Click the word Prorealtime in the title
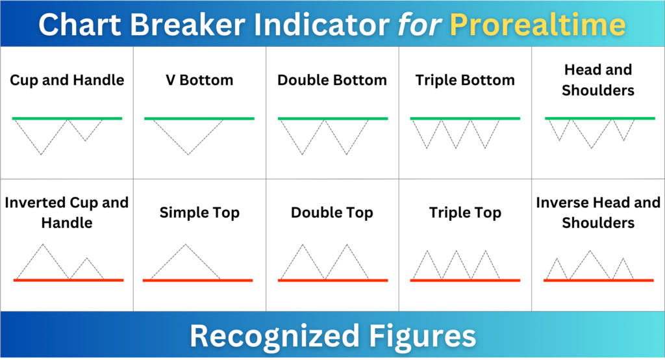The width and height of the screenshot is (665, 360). tap(538, 25)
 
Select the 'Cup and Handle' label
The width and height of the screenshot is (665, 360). tap(67, 81)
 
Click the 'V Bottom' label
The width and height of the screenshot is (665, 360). tap(199, 81)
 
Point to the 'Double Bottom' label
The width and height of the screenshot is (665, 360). tap(332, 81)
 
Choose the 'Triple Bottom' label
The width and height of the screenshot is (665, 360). tap(465, 81)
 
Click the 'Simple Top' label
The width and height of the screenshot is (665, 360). tap(199, 212)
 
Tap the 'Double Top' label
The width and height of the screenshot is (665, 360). tap(332, 212)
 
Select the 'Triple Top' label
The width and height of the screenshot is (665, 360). tap(465, 212)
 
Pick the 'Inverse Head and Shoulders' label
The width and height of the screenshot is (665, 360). tap(598, 212)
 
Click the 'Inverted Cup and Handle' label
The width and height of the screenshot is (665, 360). tap(67, 212)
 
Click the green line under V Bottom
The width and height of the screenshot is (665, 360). tap(199, 118)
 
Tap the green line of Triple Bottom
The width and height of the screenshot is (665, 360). tap(465, 118)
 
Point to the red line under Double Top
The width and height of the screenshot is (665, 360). tap(332, 280)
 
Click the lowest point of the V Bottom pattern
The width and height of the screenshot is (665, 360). tap(188, 155)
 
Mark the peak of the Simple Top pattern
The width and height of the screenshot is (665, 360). tap(186, 244)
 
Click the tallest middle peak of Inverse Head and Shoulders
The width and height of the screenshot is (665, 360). tap(590, 250)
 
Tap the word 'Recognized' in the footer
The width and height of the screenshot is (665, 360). tap(273, 337)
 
